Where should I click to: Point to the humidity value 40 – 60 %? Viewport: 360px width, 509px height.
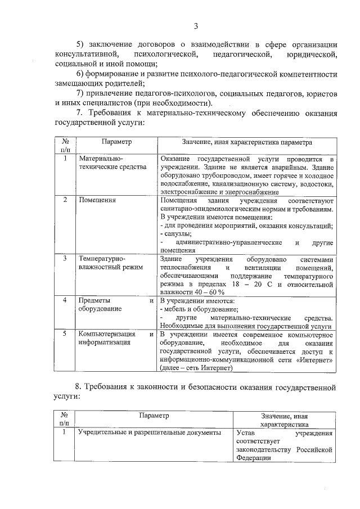coord(205,292)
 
